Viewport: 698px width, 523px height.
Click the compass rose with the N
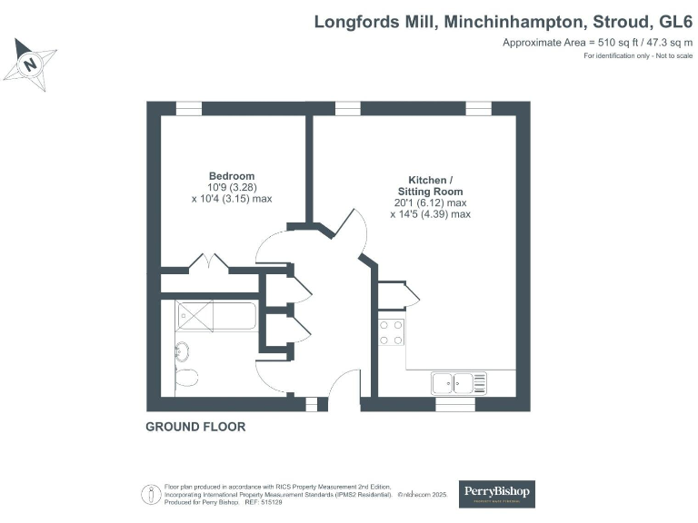point(31,64)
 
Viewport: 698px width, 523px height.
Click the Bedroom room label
point(232,175)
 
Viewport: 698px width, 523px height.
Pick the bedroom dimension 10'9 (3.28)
point(232,187)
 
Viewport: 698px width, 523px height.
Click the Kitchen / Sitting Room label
point(430,185)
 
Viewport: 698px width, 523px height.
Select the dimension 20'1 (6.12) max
point(430,203)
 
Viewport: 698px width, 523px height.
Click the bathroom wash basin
point(182,350)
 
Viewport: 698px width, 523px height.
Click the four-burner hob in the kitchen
point(392,332)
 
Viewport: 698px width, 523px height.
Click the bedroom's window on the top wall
point(188,108)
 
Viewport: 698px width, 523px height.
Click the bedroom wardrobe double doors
point(209,263)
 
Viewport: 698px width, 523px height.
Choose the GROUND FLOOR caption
point(195,426)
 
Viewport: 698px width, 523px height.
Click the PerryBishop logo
point(496,493)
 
